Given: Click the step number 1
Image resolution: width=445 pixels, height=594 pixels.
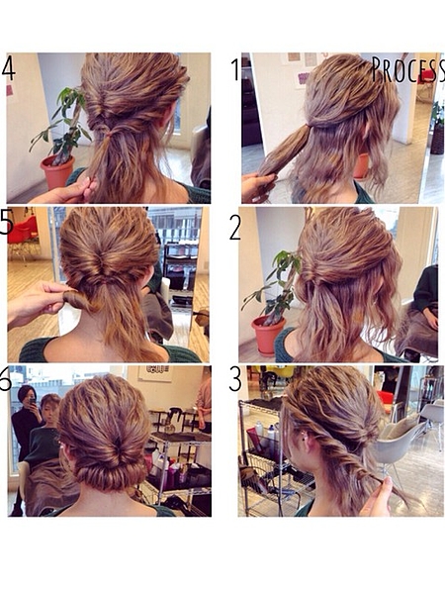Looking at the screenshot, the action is tap(235, 69).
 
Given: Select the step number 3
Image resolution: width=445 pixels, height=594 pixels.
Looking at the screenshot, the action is tap(235, 379).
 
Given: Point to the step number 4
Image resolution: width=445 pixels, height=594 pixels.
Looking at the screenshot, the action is tap(9, 68).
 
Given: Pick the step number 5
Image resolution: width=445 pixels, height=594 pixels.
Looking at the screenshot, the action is tap(7, 221).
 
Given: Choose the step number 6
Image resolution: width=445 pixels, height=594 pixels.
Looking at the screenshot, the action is tap(5, 378).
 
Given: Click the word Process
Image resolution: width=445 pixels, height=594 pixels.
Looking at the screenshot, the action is tap(407, 69).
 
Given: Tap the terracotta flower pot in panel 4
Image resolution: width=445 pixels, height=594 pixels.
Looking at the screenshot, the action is tap(57, 172).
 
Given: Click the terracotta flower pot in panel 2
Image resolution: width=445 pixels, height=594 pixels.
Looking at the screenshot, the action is tap(268, 335).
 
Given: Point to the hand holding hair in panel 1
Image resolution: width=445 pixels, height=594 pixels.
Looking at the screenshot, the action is tap(258, 187).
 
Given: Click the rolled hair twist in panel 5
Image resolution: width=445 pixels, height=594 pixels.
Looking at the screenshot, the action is tap(78, 300).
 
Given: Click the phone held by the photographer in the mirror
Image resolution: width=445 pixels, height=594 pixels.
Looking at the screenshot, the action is tap(33, 401).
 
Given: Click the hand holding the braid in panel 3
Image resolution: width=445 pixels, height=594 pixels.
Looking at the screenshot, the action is tap(378, 497).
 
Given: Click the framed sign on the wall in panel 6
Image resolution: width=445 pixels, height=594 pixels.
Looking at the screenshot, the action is tap(155, 373).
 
